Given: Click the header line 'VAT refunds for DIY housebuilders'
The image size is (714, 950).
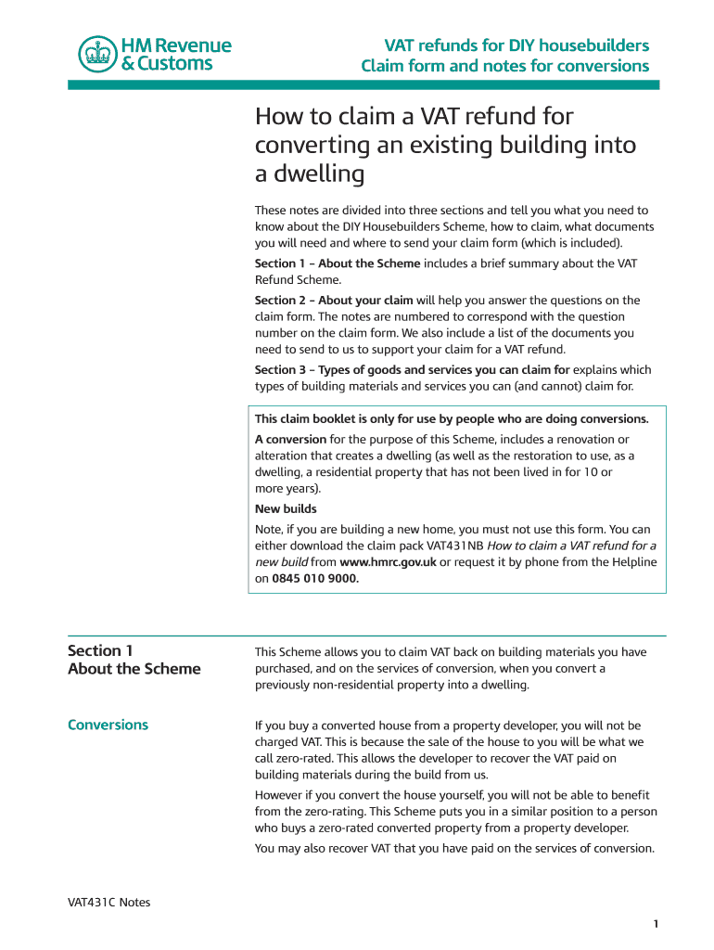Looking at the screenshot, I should click(516, 45).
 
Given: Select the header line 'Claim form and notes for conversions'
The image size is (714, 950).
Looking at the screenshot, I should click(504, 66).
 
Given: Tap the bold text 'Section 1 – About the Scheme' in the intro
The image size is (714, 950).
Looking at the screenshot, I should click(338, 263).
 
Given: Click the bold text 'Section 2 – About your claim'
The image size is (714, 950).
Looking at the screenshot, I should click(334, 300).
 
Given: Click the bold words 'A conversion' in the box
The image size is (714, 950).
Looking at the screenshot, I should click(290, 439).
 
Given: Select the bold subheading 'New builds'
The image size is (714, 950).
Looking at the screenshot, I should click(286, 508).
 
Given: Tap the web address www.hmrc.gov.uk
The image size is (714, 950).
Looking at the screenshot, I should click(388, 562).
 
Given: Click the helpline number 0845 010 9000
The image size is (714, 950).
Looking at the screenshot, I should click(314, 578).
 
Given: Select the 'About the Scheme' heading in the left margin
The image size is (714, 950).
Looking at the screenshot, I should click(134, 669).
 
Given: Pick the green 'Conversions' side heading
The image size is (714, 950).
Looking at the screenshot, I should click(108, 725).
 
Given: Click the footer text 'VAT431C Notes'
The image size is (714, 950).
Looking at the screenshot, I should click(108, 902).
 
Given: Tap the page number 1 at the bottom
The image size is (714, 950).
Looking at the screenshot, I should click(655, 923).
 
